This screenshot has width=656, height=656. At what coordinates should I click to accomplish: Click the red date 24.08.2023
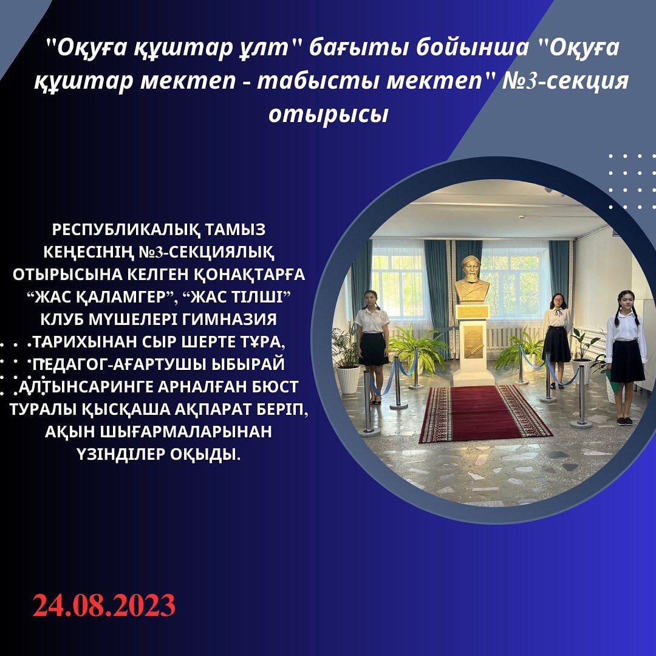(x=104, y=605)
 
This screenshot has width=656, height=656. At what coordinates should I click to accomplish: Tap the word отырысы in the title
(x=329, y=114)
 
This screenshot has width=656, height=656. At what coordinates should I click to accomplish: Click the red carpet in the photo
(x=485, y=412)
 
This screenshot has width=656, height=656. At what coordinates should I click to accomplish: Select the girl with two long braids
(x=626, y=357)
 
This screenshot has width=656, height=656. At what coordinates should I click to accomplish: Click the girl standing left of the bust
(x=372, y=346)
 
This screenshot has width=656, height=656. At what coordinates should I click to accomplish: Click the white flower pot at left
(x=348, y=380)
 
